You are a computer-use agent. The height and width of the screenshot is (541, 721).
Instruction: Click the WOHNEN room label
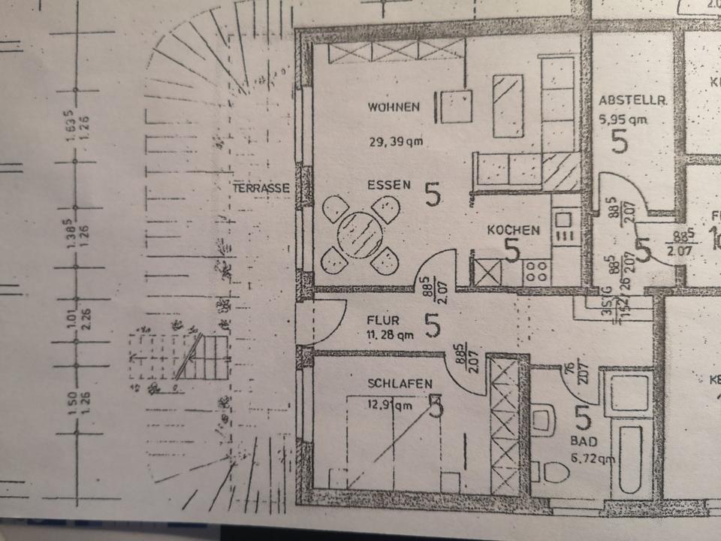[394, 107]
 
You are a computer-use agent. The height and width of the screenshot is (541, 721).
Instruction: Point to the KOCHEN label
[512, 231]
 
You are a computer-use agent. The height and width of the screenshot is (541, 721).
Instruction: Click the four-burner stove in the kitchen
[537, 270]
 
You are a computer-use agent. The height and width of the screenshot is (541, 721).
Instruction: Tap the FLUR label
[385, 320]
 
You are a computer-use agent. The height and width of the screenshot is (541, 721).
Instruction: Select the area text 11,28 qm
[390, 334]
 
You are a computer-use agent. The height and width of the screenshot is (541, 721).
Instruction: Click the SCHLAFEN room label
[400, 384]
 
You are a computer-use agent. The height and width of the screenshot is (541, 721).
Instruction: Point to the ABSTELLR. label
[623, 99]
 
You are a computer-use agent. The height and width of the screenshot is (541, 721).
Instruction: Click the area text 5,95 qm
[623, 119]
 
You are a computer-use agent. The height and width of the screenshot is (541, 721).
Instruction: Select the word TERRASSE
[261, 188]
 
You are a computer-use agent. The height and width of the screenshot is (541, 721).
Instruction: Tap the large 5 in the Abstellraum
[620, 141]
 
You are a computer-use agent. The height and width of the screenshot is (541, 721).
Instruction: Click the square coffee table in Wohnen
[456, 107]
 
